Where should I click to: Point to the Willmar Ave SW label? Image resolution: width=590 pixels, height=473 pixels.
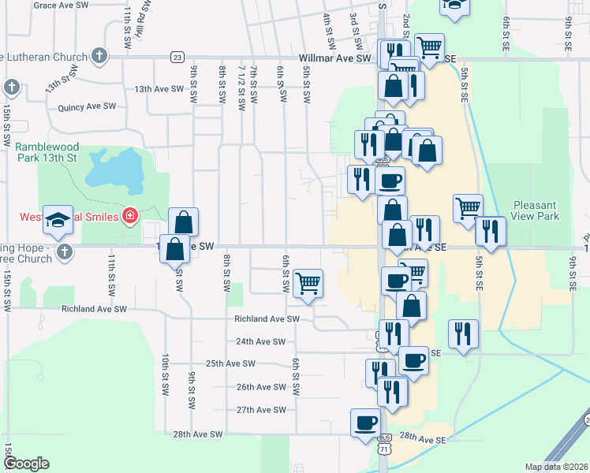(334, 58)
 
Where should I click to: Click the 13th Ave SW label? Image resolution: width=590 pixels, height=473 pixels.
(158, 89)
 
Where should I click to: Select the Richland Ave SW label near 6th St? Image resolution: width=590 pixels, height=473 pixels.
(267, 319)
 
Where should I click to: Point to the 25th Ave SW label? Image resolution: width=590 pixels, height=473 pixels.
(230, 363)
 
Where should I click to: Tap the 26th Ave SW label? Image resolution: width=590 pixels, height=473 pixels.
(260, 387)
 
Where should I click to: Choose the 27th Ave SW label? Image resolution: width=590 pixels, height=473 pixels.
(260, 410)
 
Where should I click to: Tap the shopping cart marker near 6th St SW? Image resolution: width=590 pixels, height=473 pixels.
(307, 283)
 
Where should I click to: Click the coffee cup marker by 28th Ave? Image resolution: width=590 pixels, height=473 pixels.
(366, 423)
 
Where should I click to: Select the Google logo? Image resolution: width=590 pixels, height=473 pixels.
(25, 464)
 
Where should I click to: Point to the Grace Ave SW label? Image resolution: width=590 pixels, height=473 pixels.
(62, 5)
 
